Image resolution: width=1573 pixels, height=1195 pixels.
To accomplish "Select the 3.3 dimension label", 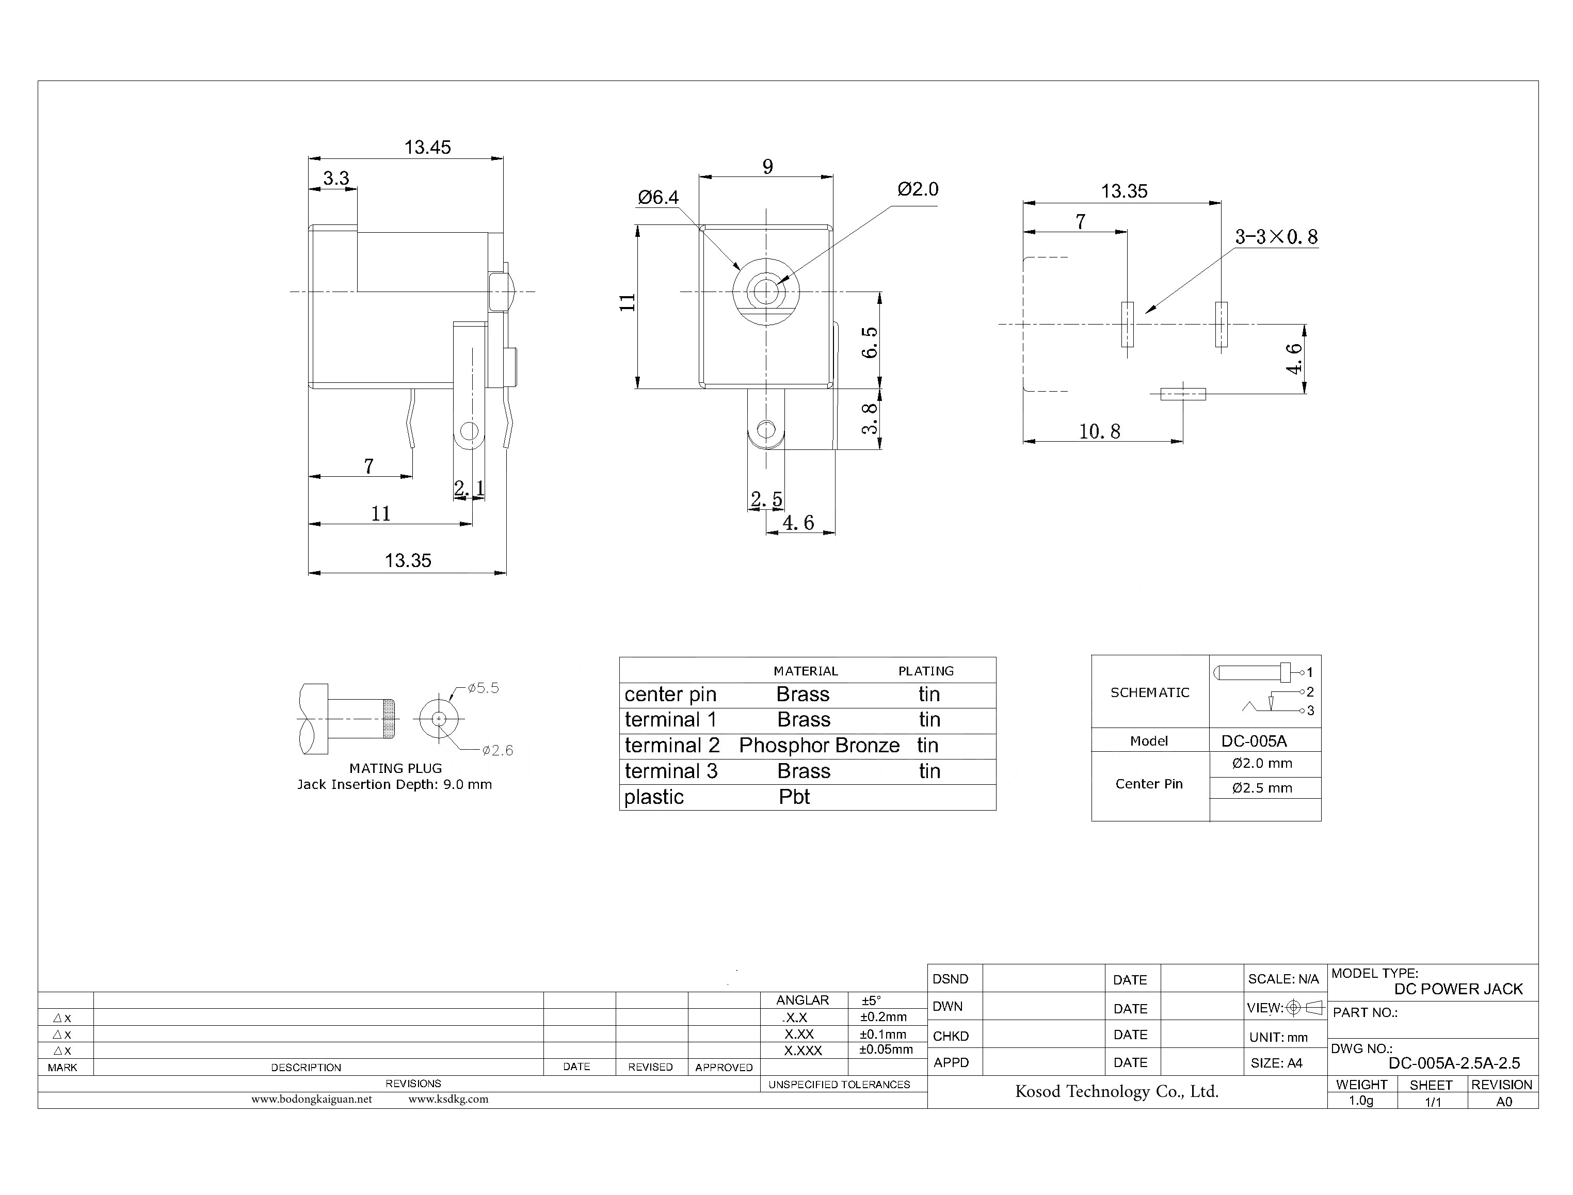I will point(336,178).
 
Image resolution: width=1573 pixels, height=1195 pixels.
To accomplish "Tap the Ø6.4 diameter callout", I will point(658,197).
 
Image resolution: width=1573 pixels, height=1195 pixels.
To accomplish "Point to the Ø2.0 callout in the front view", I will point(918,189).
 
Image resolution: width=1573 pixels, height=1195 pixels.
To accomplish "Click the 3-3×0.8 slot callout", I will point(1276,237).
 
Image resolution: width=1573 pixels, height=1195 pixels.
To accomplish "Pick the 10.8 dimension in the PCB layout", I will point(1099,431).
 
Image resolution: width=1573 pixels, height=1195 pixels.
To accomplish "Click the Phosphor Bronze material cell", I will point(819,746).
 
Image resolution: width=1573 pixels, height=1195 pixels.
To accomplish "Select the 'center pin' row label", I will point(670,694).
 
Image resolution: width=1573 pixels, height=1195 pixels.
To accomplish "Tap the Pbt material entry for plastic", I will point(794,797).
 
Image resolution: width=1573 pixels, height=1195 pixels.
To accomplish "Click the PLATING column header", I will point(926,671).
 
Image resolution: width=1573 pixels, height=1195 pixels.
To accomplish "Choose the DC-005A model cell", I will point(1254,740).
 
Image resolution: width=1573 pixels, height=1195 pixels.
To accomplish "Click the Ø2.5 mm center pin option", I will point(1262,788).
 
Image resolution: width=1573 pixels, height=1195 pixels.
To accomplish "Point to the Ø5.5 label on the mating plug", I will point(483,688).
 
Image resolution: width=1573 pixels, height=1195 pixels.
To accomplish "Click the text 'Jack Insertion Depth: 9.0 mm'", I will point(394,785).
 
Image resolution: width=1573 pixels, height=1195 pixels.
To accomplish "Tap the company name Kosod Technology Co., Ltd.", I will point(1116,1091).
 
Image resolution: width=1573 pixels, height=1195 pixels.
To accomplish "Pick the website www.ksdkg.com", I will point(448,1099).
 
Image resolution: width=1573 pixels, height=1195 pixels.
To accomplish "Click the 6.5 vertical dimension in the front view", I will point(870,342).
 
